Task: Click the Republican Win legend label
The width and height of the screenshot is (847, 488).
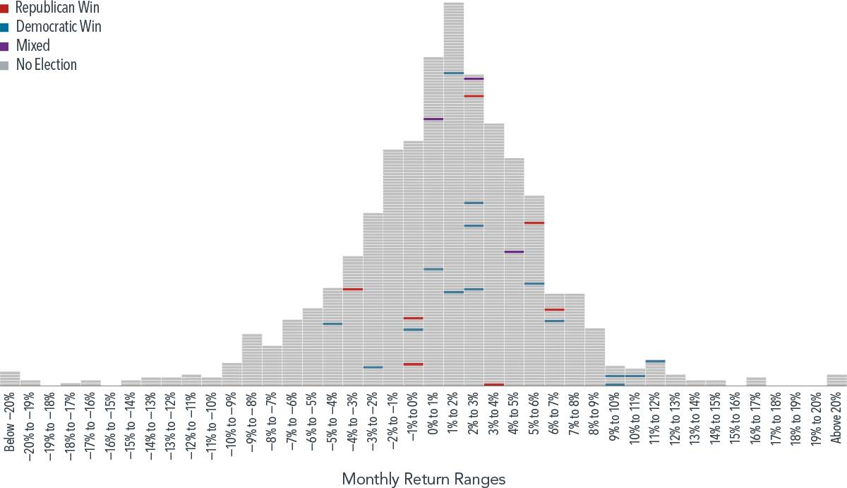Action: (x=57, y=8)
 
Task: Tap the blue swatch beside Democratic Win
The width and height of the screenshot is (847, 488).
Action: (x=4, y=28)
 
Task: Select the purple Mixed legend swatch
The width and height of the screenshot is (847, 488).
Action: (x=4, y=47)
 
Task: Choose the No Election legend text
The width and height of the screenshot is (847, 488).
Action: (x=46, y=65)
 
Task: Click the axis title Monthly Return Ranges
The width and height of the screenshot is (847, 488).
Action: (x=423, y=479)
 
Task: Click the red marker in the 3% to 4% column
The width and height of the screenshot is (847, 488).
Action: (x=494, y=384)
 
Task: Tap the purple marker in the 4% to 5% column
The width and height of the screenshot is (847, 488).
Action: (x=514, y=251)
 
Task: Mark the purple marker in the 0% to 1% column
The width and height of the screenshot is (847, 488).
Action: (x=433, y=119)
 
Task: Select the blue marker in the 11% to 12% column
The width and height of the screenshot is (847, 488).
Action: (x=655, y=361)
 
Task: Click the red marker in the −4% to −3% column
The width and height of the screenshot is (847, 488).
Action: (x=353, y=289)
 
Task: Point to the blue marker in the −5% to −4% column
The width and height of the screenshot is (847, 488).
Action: (x=332, y=323)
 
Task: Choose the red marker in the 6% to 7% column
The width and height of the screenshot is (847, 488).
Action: (x=554, y=309)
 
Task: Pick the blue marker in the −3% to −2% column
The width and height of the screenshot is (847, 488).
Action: (x=373, y=367)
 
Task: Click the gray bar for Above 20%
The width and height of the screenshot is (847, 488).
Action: (x=836, y=380)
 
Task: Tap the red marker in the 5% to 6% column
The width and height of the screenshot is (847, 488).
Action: (x=534, y=222)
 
